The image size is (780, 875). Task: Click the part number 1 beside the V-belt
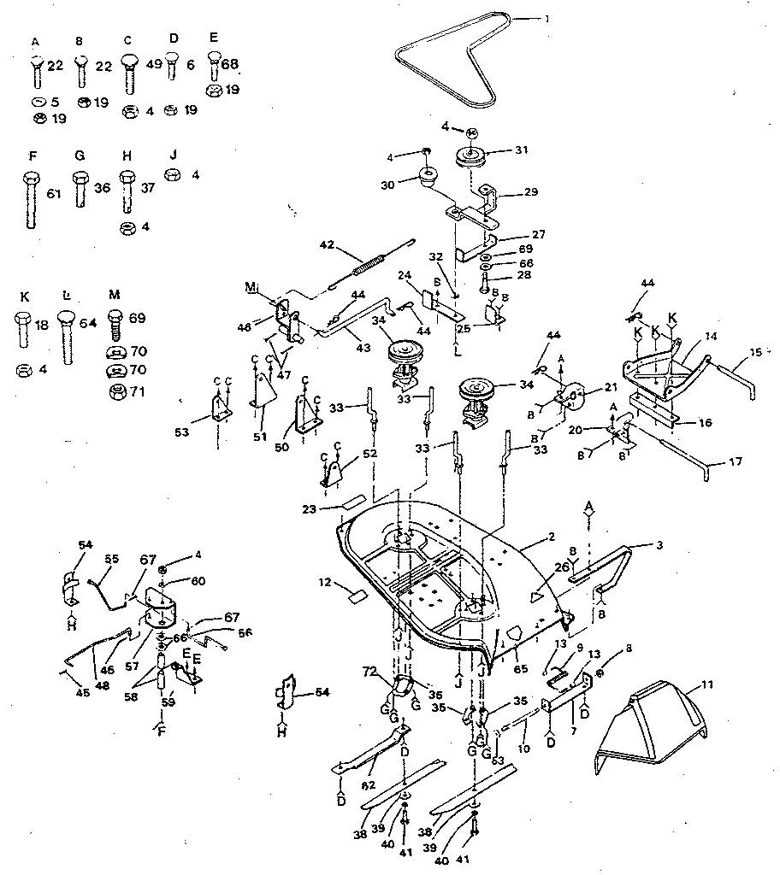(x=547, y=17)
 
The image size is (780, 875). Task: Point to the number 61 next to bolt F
(x=54, y=195)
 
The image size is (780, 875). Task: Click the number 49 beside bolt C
(x=155, y=65)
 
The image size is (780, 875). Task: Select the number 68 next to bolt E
(x=230, y=65)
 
